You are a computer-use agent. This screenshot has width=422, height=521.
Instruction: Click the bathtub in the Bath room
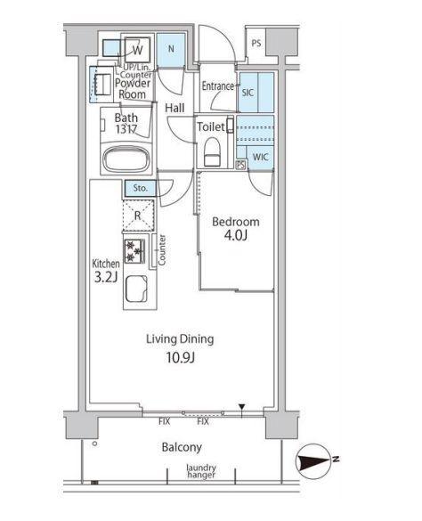click(x=126, y=159)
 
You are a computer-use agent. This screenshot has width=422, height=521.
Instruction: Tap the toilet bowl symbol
click(x=212, y=152)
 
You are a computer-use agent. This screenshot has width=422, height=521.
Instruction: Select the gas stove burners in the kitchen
click(x=134, y=251)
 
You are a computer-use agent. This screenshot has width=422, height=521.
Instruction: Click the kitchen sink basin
click(x=136, y=289)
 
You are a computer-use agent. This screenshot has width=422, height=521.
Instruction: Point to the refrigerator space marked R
click(x=138, y=216)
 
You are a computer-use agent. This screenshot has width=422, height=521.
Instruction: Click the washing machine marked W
click(x=138, y=50)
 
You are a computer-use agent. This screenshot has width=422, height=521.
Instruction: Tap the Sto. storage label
click(x=140, y=188)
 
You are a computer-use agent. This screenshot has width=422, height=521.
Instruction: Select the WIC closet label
click(x=260, y=157)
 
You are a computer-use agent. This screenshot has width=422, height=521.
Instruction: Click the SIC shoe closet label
click(x=248, y=93)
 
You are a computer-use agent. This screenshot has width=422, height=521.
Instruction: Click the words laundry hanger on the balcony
click(x=201, y=471)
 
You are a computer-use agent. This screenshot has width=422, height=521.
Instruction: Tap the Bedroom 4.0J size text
click(x=236, y=236)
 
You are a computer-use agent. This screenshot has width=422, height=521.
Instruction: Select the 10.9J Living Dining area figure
click(x=180, y=357)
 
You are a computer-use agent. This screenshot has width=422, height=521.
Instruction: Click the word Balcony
click(x=182, y=447)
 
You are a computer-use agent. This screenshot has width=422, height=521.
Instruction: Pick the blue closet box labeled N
click(x=171, y=50)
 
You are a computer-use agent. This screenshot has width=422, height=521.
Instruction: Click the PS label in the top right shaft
click(x=256, y=44)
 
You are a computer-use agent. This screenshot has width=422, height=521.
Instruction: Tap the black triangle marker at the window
click(x=241, y=407)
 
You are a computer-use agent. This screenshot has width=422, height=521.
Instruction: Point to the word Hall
click(x=174, y=108)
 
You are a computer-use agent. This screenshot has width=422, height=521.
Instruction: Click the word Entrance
click(x=218, y=86)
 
